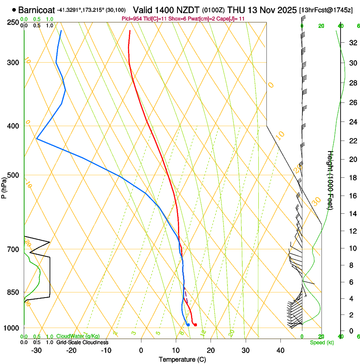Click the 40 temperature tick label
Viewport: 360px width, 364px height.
[x=280, y=350]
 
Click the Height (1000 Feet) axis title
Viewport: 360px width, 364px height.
[x=331, y=180]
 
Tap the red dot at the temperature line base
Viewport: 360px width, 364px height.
[x=195, y=325]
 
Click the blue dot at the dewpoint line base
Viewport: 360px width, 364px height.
[x=188, y=325]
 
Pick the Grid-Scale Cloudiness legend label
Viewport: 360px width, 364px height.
[x=82, y=342]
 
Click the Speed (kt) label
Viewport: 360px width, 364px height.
[x=321, y=342]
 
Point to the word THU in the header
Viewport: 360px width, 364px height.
[x=235, y=9]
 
